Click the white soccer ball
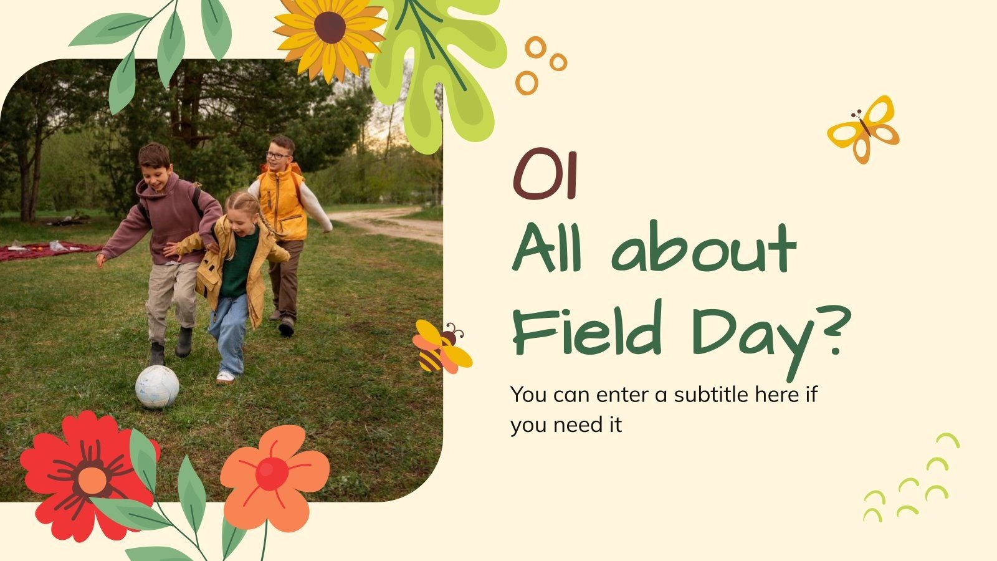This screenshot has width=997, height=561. [157, 386]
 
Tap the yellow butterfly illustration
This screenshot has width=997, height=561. [864, 129]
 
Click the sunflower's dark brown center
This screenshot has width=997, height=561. [330, 27]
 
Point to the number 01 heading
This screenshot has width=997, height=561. [546, 176]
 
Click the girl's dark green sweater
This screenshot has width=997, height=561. [239, 262]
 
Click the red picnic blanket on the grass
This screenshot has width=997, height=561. [44, 250]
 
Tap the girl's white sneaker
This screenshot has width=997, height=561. [225, 376]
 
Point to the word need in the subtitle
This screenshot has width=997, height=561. [572, 425]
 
